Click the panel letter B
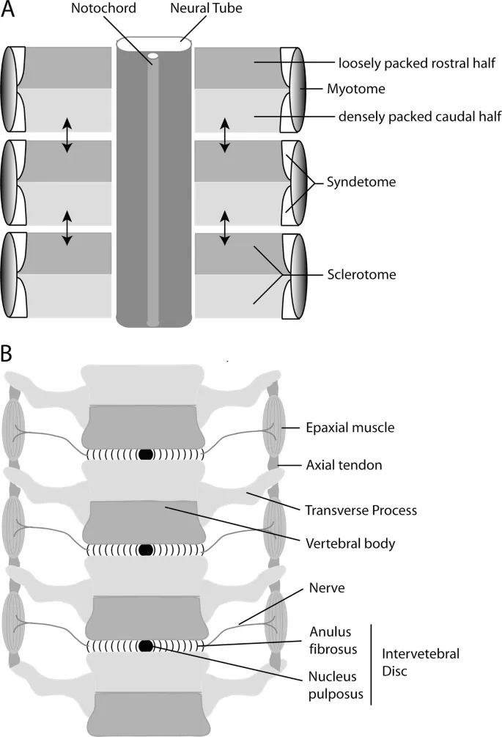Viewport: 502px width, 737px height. [x=8, y=354]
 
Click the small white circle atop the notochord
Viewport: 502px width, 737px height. [x=153, y=56]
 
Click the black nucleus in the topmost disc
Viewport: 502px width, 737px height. [x=146, y=455]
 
